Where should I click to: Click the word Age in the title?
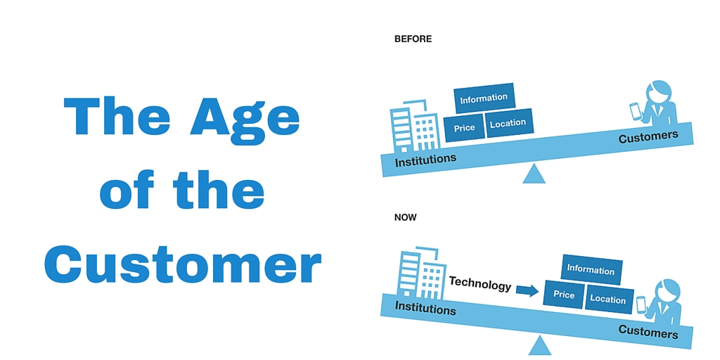[x=245, y=118]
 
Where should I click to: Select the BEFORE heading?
[x=413, y=39]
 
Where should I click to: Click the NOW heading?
[x=406, y=217]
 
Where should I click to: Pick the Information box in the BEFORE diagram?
[x=484, y=98]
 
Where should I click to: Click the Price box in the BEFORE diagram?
[x=464, y=128]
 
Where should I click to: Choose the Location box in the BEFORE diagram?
[x=508, y=122]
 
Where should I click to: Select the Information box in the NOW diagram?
[x=591, y=269]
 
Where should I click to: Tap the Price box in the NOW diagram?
[x=564, y=294]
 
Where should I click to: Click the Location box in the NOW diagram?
[x=608, y=300]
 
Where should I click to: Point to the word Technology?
[x=480, y=284]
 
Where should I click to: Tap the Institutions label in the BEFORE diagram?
[x=425, y=160]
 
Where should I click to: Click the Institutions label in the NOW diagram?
[x=425, y=308]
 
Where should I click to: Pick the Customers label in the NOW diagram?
[x=648, y=332]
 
